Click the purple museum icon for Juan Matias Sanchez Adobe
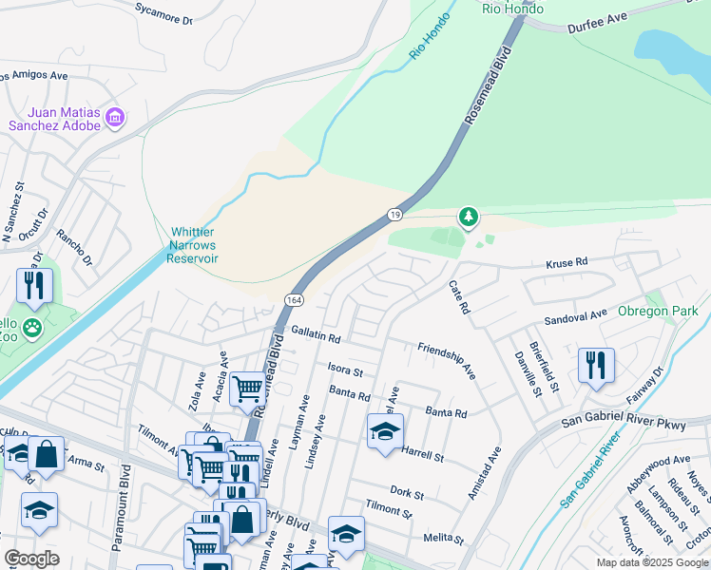tap(115, 119)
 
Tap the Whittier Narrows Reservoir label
tap(194, 245)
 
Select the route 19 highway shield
tap(394, 217)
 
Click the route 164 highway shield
tap(292, 300)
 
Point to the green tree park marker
tap(468, 218)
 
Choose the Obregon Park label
tap(658, 311)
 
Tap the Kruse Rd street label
tap(567, 261)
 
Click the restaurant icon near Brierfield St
tap(596, 364)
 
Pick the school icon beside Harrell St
tap(385, 431)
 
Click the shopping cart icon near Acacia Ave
tap(247, 388)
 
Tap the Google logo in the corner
tap(31, 559)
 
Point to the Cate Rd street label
tap(459, 297)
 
